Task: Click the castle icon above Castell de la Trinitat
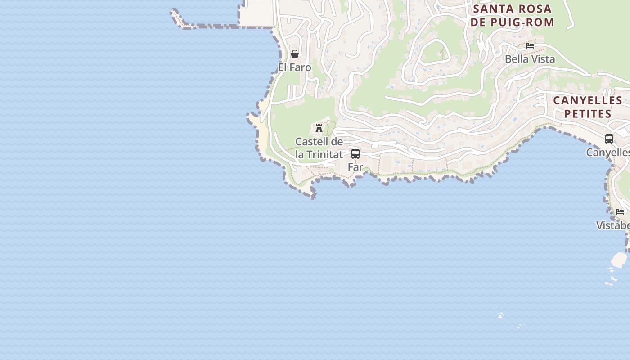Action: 319,128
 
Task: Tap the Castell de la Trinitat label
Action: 319,148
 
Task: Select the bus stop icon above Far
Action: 355,154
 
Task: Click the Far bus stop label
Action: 355,167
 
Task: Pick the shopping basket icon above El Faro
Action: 295,54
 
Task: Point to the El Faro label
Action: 295,67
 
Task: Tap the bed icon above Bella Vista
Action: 530,46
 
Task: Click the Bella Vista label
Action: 530,59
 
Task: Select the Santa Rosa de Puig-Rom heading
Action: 513,15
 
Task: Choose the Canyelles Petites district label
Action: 588,107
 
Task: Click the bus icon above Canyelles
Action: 609,139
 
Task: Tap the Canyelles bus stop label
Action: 608,153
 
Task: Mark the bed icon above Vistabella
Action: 620,212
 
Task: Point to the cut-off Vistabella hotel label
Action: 613,225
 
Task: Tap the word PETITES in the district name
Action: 588,114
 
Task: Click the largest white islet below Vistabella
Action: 619,259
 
